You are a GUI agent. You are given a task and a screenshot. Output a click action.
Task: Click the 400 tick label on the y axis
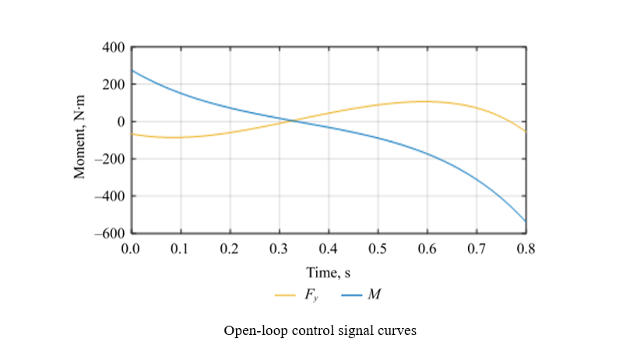[x=114, y=48]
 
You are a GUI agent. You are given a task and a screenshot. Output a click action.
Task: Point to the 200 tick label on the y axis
[x=114, y=84]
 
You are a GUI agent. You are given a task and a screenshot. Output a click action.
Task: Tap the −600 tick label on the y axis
[x=110, y=233]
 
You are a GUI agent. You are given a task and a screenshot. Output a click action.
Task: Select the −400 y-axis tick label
[x=110, y=196]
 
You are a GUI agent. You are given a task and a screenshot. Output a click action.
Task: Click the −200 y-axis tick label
[x=110, y=159]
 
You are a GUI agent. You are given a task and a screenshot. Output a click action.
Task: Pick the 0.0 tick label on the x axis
[x=131, y=249]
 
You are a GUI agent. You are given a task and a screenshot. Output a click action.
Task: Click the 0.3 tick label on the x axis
[x=279, y=249]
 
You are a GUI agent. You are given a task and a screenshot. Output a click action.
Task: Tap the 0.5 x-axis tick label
[x=378, y=249]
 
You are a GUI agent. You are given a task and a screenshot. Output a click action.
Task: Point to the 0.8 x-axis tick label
[x=526, y=249]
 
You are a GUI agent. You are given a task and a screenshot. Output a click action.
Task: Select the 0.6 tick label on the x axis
[x=427, y=249]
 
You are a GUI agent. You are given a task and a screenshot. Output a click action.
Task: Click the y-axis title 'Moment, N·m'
[x=79, y=140]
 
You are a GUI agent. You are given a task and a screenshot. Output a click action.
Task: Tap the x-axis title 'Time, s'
[x=329, y=273]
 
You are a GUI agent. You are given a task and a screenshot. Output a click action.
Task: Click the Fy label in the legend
[x=313, y=296]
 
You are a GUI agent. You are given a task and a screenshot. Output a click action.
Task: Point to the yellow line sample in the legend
[x=286, y=296]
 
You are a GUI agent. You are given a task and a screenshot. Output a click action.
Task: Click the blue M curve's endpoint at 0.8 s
[x=526, y=221]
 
